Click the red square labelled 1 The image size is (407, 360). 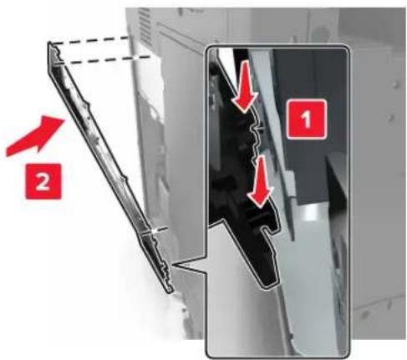pyautogui.click(x=307, y=119)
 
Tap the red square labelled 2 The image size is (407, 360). pyautogui.click(x=43, y=181)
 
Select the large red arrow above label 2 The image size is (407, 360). pyautogui.click(x=35, y=136)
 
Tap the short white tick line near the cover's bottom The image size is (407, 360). pyautogui.click(x=160, y=229)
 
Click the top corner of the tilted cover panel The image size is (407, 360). pyautogui.click(x=49, y=42)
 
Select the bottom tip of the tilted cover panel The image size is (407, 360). pyautogui.click(x=170, y=292)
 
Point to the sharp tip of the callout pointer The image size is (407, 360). pyautogui.click(x=173, y=265)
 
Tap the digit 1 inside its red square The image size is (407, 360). pyautogui.click(x=307, y=119)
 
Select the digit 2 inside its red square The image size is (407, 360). pyautogui.click(x=43, y=182)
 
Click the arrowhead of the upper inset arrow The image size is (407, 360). pyautogui.click(x=245, y=102)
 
